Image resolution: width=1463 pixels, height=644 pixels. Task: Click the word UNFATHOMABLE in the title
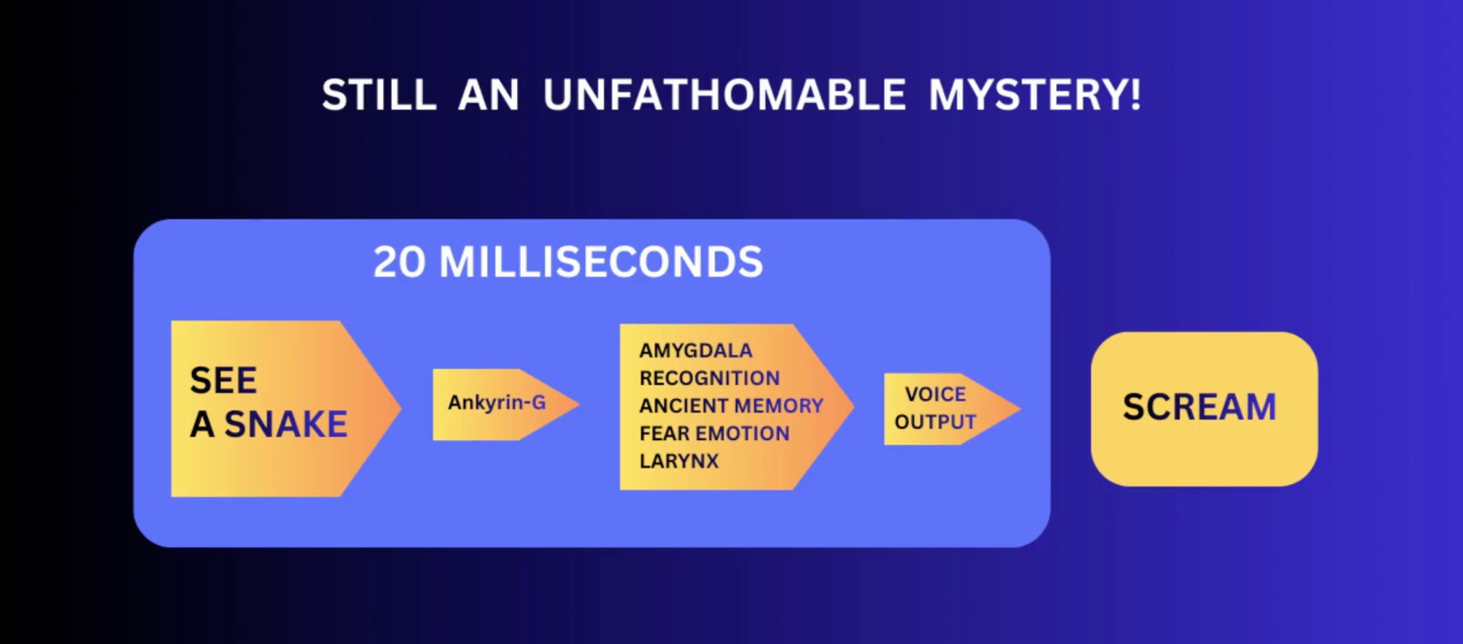tap(724, 95)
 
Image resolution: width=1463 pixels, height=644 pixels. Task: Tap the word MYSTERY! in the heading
tap(1034, 95)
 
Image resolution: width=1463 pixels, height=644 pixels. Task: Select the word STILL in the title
tap(379, 95)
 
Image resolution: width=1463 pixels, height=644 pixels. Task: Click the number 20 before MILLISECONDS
tap(399, 262)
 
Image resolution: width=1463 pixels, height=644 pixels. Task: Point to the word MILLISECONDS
tap(601, 262)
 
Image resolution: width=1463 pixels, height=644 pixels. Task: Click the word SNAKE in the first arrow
tap(285, 424)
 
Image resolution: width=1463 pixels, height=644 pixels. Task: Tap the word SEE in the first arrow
tap(223, 380)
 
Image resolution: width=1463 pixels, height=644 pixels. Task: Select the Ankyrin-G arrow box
tap(505, 404)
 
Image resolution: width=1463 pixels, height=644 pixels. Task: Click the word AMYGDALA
tap(695, 351)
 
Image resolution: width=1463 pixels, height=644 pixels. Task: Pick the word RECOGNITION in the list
tap(710, 378)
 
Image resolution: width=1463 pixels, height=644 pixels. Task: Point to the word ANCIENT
tap(683, 406)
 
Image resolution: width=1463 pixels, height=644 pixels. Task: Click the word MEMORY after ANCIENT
tap(778, 406)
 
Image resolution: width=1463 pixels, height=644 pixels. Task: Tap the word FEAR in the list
tap(664, 433)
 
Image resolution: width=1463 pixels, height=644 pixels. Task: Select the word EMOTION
tap(742, 433)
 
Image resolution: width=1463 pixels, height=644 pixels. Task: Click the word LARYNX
tap(679, 461)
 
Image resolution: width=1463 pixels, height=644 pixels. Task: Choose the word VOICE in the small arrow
tap(935, 394)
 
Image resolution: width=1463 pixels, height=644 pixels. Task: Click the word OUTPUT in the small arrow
tap(935, 422)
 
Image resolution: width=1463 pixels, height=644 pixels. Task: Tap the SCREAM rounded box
tap(1204, 409)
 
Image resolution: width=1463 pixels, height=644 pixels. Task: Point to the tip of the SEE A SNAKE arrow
tap(401, 409)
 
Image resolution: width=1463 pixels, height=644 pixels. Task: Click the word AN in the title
tap(489, 95)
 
